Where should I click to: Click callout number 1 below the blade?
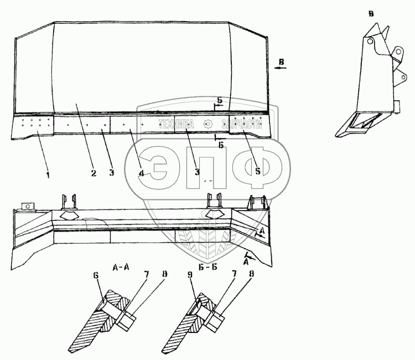(x=48, y=174)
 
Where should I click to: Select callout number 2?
(x=94, y=173)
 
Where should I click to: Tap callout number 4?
(x=142, y=173)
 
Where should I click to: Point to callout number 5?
(x=258, y=171)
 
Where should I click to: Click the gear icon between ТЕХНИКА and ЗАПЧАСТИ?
(x=207, y=124)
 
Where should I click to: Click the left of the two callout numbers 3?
(x=111, y=173)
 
